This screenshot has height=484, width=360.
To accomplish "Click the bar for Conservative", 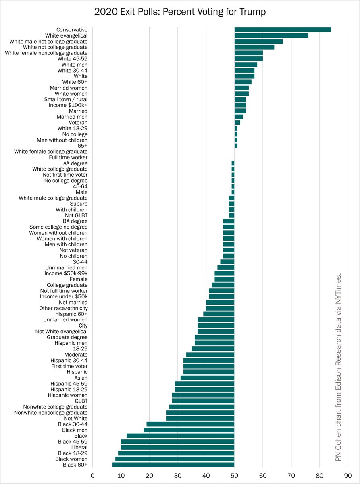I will click(x=282, y=30).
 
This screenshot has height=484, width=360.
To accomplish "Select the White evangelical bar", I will click(x=271, y=35).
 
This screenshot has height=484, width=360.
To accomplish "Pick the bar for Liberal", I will click(x=177, y=447).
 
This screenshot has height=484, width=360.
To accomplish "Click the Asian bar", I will click(x=207, y=378).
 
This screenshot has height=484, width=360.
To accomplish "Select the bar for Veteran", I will click(x=237, y=123).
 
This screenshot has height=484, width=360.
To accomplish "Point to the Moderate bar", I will click(x=210, y=355).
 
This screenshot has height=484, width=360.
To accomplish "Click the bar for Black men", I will click(x=189, y=430).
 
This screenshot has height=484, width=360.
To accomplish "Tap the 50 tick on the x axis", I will click(x=234, y=475).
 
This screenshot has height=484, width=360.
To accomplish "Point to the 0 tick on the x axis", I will click(x=93, y=475).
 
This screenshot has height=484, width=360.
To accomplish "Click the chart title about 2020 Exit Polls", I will click(x=180, y=12).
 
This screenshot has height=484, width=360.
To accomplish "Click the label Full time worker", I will click(x=68, y=157).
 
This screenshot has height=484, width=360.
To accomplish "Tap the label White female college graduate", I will click(x=51, y=152).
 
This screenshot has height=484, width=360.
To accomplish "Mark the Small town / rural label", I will click(x=66, y=99).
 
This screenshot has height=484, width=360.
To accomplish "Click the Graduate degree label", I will click(x=67, y=337).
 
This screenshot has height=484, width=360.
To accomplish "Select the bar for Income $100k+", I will click(x=240, y=105).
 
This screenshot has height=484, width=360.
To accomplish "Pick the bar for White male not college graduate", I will click(x=258, y=42).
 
